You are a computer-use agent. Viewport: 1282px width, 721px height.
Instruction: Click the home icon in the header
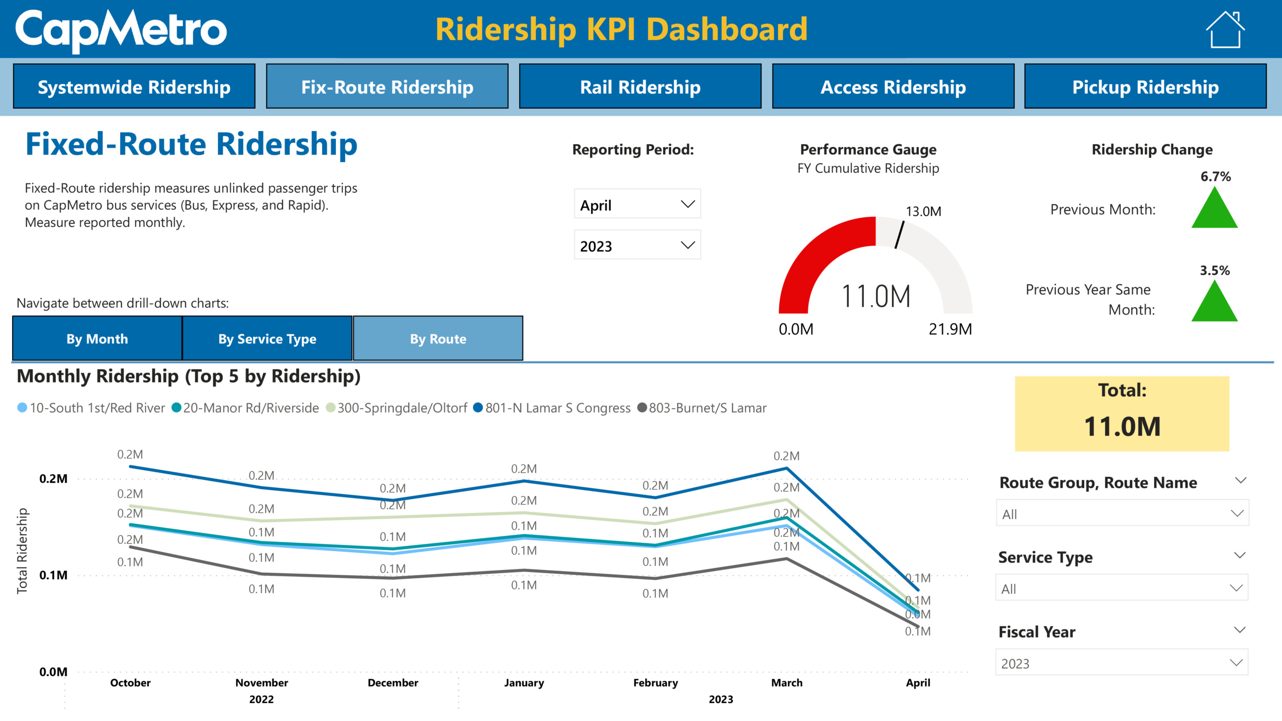[1225, 30]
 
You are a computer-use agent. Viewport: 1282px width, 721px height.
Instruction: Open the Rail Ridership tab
[640, 87]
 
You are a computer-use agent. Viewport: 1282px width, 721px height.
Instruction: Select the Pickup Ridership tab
[1145, 87]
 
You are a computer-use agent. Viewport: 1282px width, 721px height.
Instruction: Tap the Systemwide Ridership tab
[134, 87]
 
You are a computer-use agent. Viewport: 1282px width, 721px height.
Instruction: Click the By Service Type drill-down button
[267, 339]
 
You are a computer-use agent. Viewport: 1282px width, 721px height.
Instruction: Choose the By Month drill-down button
[97, 339]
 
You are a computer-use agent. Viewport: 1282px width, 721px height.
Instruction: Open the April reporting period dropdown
[637, 204]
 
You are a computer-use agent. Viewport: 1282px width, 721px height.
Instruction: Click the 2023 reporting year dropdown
[637, 245]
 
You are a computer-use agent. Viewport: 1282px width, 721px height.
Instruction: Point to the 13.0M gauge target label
[923, 211]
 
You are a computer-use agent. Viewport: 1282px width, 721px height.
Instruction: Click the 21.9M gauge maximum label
[950, 329]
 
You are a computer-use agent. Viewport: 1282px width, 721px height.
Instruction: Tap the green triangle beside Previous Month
[1214, 209]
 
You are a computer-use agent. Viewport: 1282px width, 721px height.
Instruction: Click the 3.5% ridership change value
[1214, 270]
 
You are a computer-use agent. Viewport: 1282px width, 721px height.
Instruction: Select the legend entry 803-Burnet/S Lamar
[707, 408]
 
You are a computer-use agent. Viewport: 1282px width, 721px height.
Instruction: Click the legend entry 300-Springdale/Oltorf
[402, 408]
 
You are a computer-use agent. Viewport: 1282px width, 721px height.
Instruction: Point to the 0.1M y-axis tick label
[53, 575]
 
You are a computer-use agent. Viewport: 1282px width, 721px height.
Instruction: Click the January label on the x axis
[524, 682]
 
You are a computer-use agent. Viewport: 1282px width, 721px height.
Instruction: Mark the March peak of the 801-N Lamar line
[787, 469]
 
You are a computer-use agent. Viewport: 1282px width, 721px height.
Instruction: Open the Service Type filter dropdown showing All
[1122, 588]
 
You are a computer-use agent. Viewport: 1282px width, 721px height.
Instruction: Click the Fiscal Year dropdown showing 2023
[1122, 663]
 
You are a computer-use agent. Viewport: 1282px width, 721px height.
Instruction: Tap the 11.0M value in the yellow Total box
[1122, 427]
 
